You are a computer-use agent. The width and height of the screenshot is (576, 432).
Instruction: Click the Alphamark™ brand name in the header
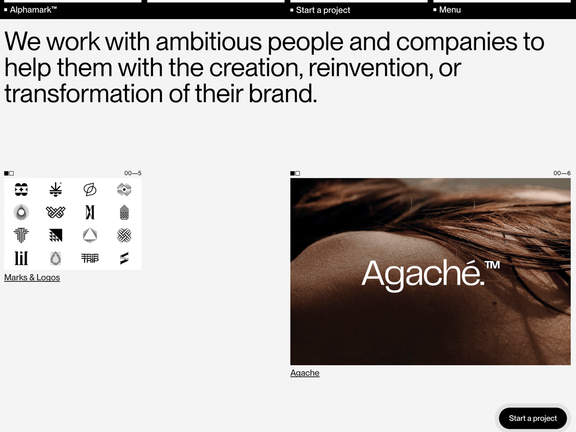[x=33, y=10]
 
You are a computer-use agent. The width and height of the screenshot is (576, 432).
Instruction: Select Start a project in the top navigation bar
[x=323, y=10]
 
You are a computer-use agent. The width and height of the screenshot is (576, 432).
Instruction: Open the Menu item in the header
[x=450, y=10]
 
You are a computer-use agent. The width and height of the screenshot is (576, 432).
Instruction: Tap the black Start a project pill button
[x=533, y=418]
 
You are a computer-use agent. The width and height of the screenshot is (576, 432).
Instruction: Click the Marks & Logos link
[x=32, y=278]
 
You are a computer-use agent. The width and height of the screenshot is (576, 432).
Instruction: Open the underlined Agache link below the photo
[x=305, y=373]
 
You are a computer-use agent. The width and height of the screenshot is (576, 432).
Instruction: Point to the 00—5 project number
[x=133, y=173]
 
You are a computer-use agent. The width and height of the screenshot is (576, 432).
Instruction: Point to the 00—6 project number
[x=562, y=173]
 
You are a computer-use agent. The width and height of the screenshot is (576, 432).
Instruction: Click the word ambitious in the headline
[x=208, y=42]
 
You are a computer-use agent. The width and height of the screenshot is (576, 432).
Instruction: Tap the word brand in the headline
[x=283, y=93]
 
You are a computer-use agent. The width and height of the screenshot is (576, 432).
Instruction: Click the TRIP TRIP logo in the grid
[x=90, y=258]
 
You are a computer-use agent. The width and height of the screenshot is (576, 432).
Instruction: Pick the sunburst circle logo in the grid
[x=21, y=212]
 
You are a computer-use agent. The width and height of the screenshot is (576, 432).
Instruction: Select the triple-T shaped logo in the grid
[x=21, y=235]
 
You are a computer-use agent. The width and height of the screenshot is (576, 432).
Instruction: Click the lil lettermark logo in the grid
[x=21, y=258]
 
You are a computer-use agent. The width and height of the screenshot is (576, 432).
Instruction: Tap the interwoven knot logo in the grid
[x=124, y=235]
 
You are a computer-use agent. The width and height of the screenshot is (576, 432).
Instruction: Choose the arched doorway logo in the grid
[x=124, y=212]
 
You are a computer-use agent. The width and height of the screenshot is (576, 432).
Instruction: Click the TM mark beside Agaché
[x=492, y=265]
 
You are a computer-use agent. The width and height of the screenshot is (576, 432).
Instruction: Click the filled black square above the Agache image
[x=292, y=174]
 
